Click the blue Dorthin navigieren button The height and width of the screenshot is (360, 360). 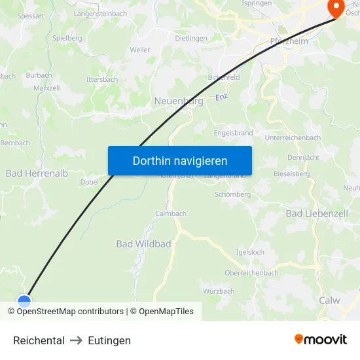pos(179,160)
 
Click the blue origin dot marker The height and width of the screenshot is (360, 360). pos(24,302)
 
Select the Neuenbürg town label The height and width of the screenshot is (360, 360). pos(178,101)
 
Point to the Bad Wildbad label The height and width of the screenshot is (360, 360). pos(143,244)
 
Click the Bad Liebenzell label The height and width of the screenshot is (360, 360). pos(317,214)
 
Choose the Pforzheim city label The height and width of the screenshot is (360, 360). pos(289,41)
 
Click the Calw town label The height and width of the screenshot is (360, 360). pos(329,300)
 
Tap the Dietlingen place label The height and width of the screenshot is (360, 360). pos(191,39)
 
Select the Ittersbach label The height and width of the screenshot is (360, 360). pos(102,80)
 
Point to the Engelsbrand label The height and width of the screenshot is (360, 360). pos(233,133)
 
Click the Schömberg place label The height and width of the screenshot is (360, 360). pos(232,194)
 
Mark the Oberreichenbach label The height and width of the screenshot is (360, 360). pos(251,273)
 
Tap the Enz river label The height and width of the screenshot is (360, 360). pos(222,98)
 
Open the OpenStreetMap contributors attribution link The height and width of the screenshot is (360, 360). pos(69,312)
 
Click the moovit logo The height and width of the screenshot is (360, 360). pos(321,339)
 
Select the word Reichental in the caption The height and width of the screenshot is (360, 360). pos(39,340)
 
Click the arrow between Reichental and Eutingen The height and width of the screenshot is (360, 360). pos(76,340)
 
